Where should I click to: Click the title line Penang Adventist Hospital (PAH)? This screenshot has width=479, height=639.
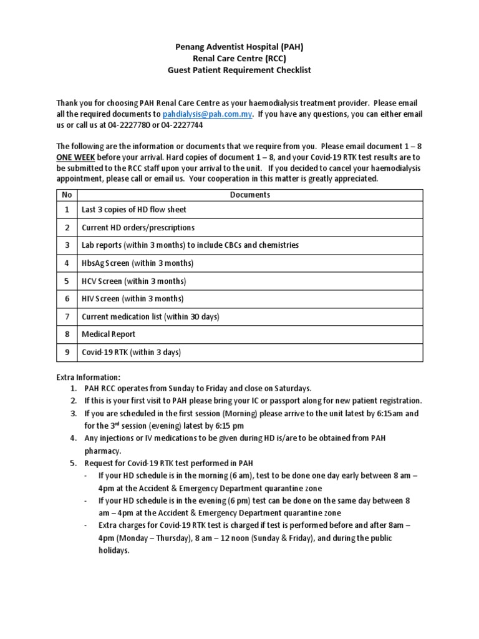point(239,47)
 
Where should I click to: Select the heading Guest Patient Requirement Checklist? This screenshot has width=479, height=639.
point(239,70)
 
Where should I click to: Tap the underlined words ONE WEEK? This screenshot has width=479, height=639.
point(75,157)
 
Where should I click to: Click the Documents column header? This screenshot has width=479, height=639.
point(249,195)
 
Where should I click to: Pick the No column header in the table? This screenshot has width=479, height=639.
point(67,195)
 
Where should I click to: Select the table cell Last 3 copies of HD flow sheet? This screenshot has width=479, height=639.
point(133,210)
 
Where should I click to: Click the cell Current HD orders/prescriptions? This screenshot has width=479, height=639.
point(138,228)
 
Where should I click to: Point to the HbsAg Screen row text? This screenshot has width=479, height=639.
point(137,263)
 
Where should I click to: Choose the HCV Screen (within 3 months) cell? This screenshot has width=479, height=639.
point(133,281)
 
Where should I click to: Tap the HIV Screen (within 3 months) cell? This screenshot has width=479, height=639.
point(132,299)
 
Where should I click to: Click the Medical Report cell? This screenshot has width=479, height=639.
point(109,334)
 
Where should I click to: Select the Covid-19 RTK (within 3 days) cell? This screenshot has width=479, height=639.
point(131,353)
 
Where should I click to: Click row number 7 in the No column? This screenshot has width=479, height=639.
point(67,317)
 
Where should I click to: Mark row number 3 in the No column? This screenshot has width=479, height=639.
point(67,245)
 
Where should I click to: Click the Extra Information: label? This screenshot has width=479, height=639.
point(89,378)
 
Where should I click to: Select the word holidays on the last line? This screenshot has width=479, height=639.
point(113,550)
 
